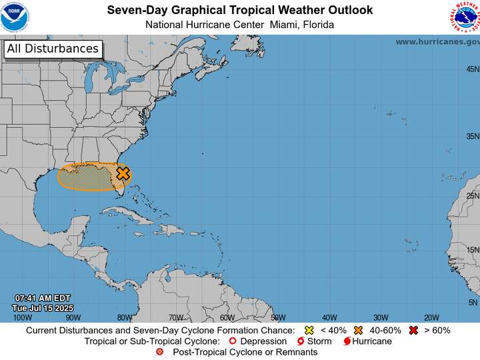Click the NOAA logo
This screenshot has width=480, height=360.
15,17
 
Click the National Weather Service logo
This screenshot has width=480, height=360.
465,17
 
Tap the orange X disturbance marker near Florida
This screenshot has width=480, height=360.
123,173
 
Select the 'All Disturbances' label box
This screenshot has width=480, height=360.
53,49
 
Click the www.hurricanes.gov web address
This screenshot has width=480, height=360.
437,41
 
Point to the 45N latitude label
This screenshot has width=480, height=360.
473,69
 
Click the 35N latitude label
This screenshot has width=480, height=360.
473,136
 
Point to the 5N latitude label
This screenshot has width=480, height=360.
473,302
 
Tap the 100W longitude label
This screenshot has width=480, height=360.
23,317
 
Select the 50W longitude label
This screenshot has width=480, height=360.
278,317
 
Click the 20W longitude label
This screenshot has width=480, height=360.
431,317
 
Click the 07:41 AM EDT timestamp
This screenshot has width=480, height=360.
43,298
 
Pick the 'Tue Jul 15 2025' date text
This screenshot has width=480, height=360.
43,308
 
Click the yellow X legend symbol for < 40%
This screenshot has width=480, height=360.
309,330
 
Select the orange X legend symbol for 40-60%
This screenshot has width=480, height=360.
359,330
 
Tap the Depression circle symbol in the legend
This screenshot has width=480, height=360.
233,341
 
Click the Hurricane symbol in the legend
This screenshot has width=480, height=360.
347,341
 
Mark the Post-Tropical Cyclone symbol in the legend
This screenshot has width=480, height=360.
159,351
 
